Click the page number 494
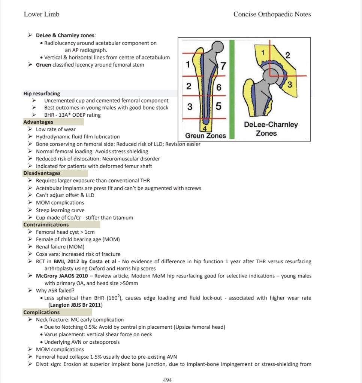pos(168,380)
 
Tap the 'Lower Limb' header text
pos(42,14)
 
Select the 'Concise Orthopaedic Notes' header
pos(272,14)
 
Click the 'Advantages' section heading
pos(38,122)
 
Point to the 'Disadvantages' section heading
pos(42,173)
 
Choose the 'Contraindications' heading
pos(46,225)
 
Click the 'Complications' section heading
pos(41,312)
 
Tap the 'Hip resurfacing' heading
pos(42,94)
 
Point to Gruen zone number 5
pos(218,106)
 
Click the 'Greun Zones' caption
pos(205,135)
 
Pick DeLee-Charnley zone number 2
pos(287,56)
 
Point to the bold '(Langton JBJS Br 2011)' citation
pos(75,305)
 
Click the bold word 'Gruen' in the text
pos(43,65)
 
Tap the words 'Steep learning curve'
pos(60,210)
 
